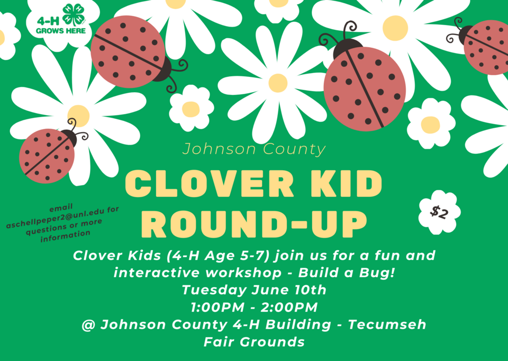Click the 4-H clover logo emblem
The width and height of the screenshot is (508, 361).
pyautogui.click(x=74, y=15)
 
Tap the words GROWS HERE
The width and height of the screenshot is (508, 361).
pyautogui.click(x=61, y=31)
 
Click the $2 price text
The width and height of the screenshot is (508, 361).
pyautogui.click(x=439, y=213)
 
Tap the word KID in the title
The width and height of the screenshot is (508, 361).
pyautogui.click(x=346, y=183)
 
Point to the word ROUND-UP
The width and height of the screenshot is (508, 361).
pyautogui.click(x=255, y=224)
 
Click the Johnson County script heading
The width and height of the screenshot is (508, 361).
pyautogui.click(x=254, y=149)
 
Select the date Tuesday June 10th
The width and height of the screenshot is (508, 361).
pyautogui.click(x=254, y=289)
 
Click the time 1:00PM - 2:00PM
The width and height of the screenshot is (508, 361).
pyautogui.click(x=254, y=307)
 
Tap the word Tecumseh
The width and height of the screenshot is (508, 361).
pyautogui.click(x=387, y=324)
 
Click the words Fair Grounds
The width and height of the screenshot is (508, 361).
pyautogui.click(x=254, y=342)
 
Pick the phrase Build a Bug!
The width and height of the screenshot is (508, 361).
pyautogui.click(x=346, y=272)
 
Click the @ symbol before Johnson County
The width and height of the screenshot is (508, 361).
pyautogui.click(x=88, y=324)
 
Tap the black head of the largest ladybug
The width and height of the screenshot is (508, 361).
pyautogui.click(x=348, y=49)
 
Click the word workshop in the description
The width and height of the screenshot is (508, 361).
pyautogui.click(x=243, y=272)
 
